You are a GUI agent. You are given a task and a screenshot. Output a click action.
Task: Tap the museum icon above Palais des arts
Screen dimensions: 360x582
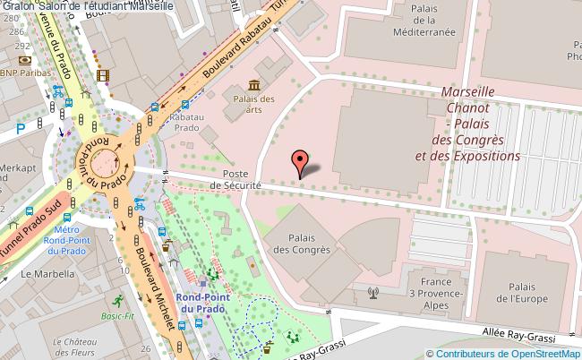(x=253, y=85)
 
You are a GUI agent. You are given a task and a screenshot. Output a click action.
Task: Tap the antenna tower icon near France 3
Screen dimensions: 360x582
(x=373, y=292)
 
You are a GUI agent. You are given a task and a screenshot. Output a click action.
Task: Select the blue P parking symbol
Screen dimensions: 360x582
(x=20, y=129)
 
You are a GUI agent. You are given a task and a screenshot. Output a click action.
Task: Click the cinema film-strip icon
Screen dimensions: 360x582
(x=102, y=75)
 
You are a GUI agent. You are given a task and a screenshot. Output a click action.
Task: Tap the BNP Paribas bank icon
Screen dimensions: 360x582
(x=24, y=60)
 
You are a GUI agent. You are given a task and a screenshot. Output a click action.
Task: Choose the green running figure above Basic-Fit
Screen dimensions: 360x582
(x=117, y=299)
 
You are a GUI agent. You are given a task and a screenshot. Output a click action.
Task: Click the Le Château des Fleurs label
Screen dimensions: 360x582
(x=80, y=347)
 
